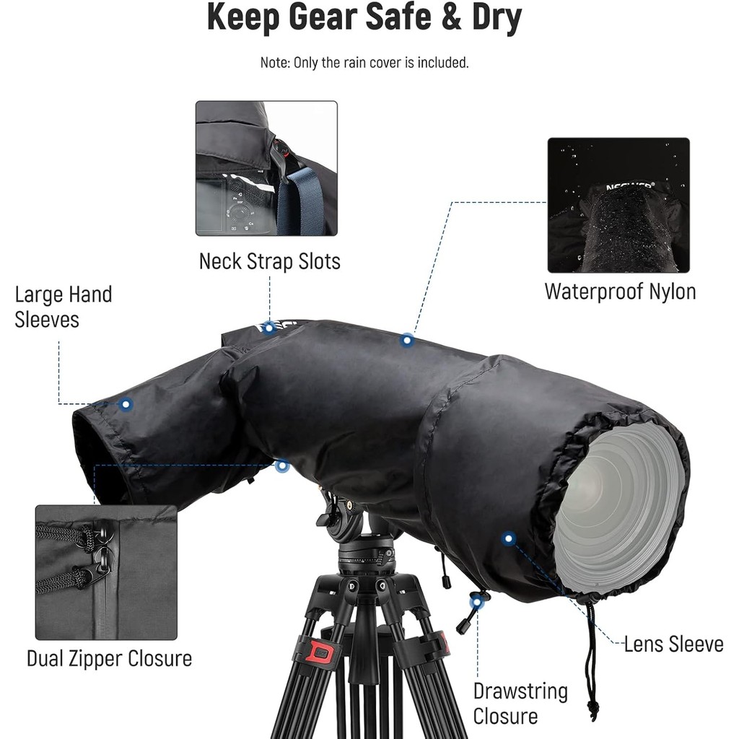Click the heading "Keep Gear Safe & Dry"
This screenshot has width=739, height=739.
pos(364,17)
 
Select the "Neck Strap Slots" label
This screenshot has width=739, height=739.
pos(270,261)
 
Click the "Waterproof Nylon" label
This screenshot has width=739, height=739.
pos(620,292)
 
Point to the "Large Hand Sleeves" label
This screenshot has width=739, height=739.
pos(64,306)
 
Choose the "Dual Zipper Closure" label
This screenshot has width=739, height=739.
pos(110,658)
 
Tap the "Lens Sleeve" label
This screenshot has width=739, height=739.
pos(673,644)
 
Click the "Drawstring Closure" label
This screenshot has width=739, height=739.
pos(520,704)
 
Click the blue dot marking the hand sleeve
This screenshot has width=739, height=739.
pos(126,404)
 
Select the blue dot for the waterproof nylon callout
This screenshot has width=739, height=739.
pos(407,340)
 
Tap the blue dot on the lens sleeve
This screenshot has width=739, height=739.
pos(508,538)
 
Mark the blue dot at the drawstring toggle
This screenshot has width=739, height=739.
pos(477,603)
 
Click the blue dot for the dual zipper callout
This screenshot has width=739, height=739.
pos(282,466)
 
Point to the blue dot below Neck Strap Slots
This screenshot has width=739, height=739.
pos(270,328)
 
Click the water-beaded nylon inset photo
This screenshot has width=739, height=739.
pos(618,205)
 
